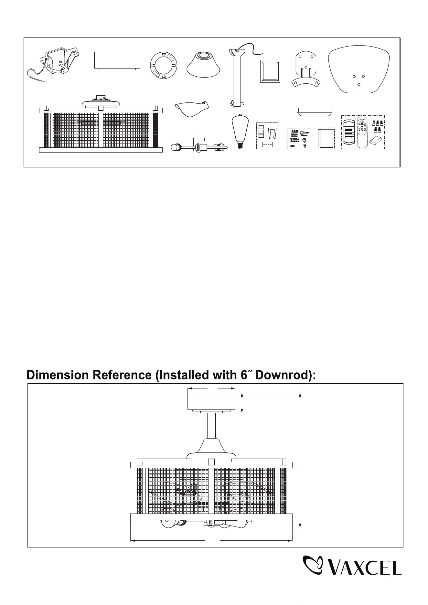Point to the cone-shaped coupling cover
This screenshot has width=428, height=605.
[204, 64]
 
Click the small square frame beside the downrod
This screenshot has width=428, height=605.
[270, 71]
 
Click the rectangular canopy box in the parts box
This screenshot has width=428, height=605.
[117, 60]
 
